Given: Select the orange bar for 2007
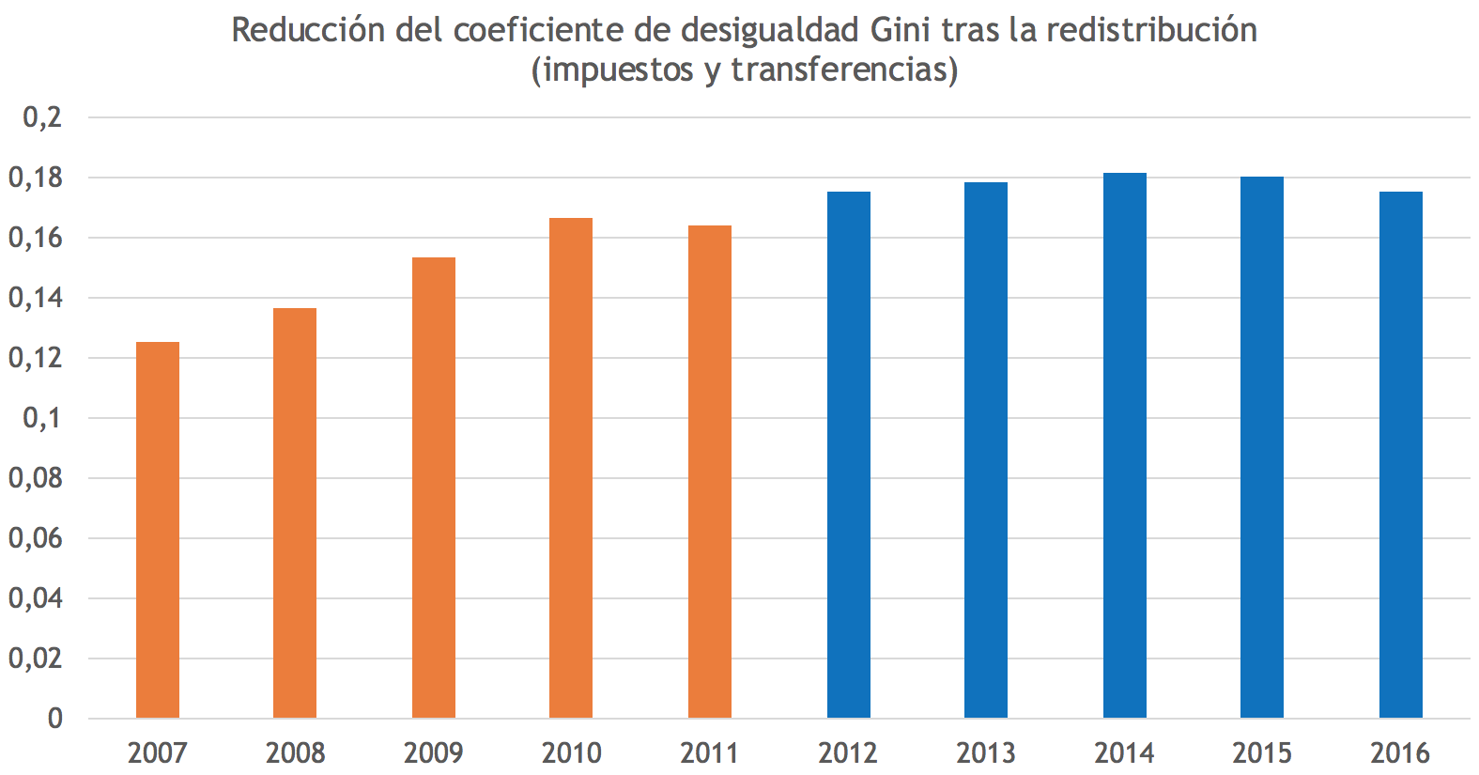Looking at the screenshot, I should click(158, 530).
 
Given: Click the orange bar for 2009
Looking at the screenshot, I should click(434, 488).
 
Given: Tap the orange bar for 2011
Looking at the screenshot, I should click(710, 472).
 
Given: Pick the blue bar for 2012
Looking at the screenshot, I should click(849, 455).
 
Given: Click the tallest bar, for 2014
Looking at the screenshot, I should click(1125, 445).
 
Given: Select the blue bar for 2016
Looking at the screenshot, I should click(1401, 455).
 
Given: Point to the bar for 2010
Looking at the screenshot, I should click(571, 468).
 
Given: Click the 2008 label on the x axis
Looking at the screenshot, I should click(295, 752).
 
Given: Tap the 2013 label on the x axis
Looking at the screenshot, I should click(986, 752).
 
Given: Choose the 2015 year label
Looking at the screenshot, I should click(1262, 752).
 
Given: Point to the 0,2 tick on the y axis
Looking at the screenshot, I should click(42, 117).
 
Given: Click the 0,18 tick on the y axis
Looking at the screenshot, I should click(35, 178).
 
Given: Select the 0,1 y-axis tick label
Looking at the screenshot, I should click(42, 418).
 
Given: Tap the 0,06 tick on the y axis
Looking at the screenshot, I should click(35, 538).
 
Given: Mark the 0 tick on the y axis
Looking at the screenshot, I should click(55, 719).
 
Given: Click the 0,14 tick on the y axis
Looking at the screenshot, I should click(35, 298).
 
